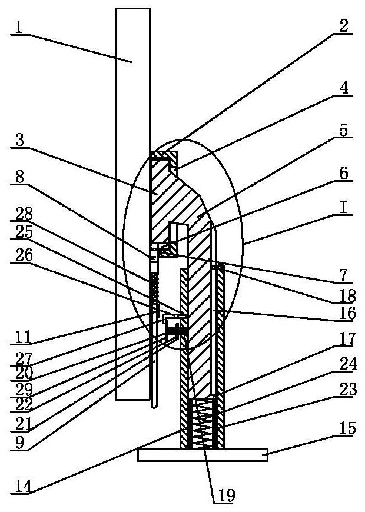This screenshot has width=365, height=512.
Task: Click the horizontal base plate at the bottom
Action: (x=203, y=455)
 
